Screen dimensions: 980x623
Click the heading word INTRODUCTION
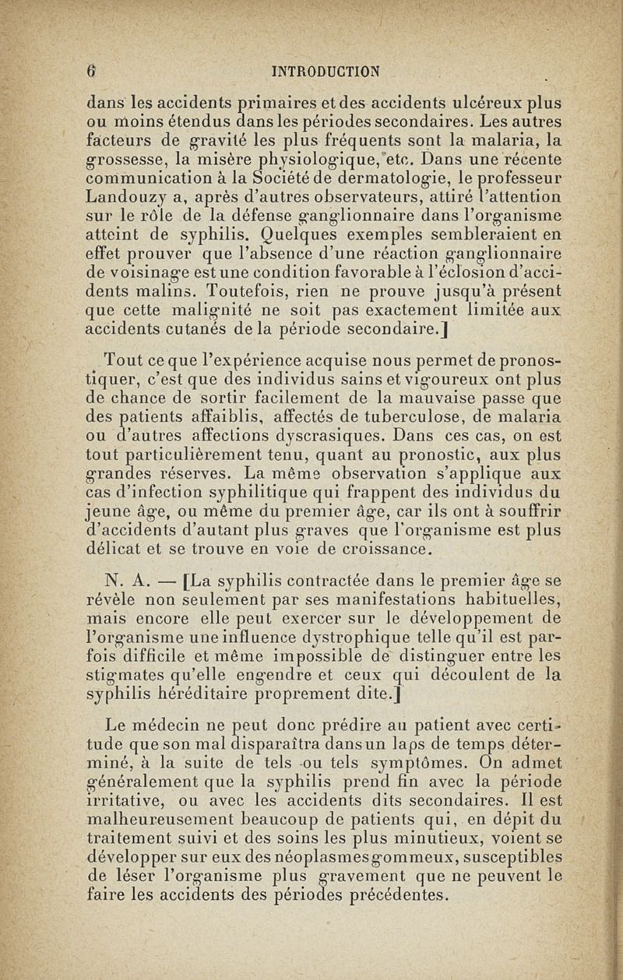324,72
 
